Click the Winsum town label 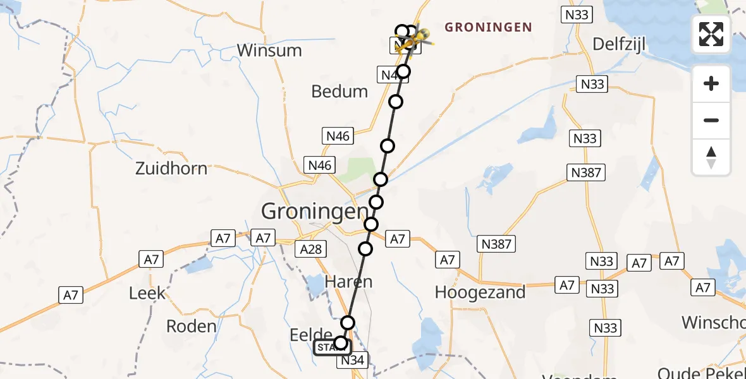269,51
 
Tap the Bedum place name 339,92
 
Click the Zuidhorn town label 171,169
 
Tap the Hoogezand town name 480,292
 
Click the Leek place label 147,293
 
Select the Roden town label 191,327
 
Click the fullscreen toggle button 711,34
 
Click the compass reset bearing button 711,157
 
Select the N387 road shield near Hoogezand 496,243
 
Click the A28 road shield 311,249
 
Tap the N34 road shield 352,361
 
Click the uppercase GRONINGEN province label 488,28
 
